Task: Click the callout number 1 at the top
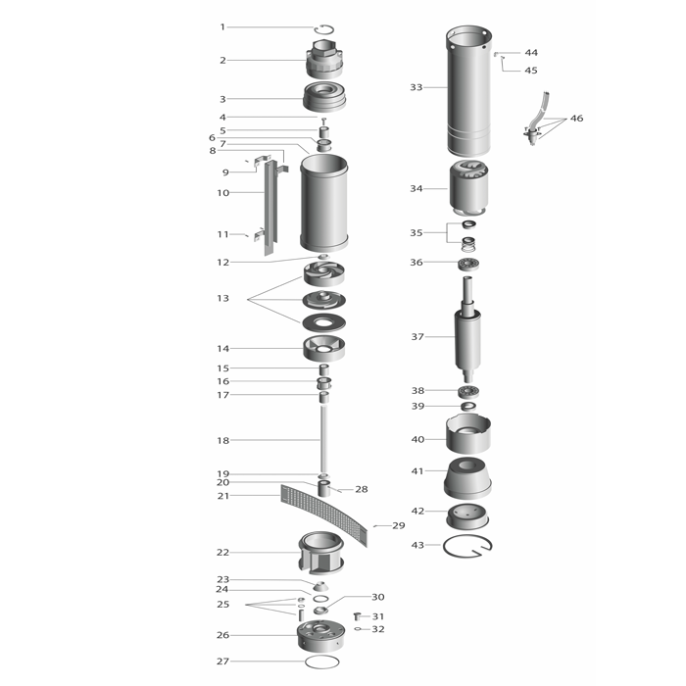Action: (x=222, y=27)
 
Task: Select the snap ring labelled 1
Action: (x=324, y=25)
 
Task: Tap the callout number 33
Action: (x=416, y=87)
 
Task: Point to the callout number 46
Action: (x=576, y=119)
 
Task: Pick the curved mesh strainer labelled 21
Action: (x=323, y=514)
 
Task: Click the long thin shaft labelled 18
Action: (x=323, y=439)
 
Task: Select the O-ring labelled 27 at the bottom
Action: (x=321, y=661)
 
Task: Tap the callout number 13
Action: (x=222, y=298)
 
